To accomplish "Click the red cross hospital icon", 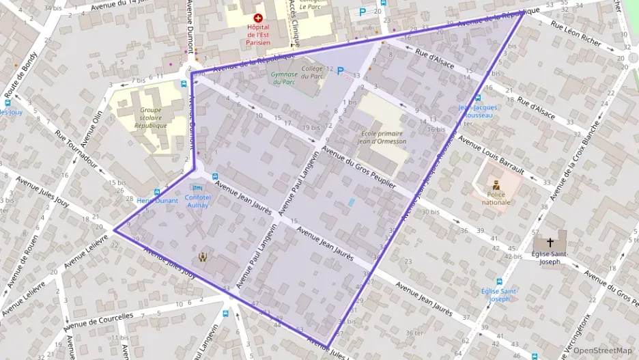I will pyautogui.click(x=258, y=18).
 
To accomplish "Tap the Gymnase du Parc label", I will pyautogui.click(x=285, y=78).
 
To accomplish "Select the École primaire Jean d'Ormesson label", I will pyautogui.click(x=383, y=137).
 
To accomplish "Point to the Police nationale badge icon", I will pyautogui.click(x=496, y=185).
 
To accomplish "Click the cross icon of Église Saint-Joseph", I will pyautogui.click(x=550, y=243).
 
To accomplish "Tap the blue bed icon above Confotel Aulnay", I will pyautogui.click(x=198, y=187).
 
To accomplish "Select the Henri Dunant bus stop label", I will pyautogui.click(x=157, y=201).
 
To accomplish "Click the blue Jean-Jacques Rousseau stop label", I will pyautogui.click(x=478, y=111).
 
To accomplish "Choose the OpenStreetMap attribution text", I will pyautogui.click(x=602, y=350).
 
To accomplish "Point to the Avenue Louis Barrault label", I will pyautogui.click(x=491, y=154).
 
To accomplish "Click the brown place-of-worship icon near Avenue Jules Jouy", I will pyautogui.click(x=203, y=257).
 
